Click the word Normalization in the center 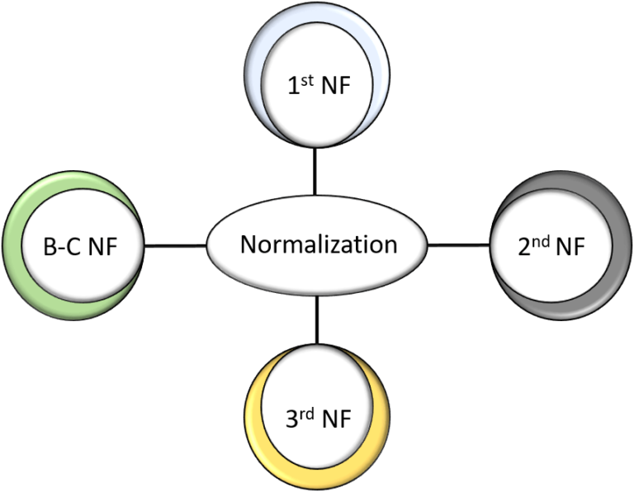tap(318, 245)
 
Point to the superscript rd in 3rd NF tap(308, 412)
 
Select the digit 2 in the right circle tap(525, 248)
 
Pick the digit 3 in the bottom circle tap(292, 419)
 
